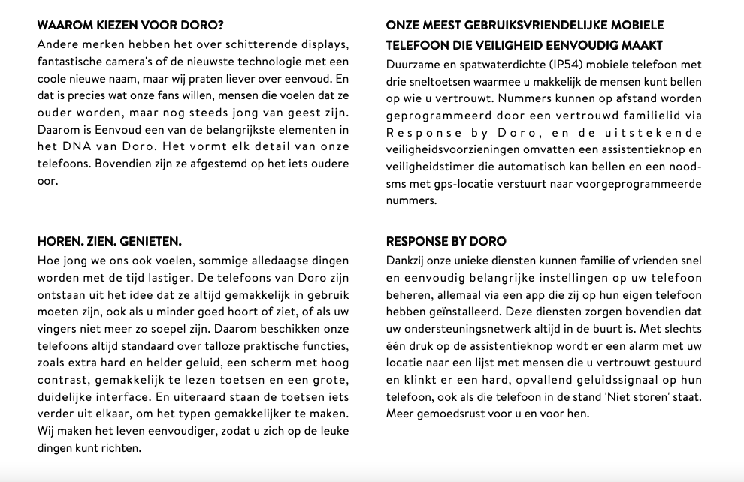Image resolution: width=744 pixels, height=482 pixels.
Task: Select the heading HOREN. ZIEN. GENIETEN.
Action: click(109, 242)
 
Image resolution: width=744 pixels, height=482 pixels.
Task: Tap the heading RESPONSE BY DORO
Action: click(446, 242)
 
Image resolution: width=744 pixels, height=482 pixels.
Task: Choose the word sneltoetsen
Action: click(440, 81)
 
